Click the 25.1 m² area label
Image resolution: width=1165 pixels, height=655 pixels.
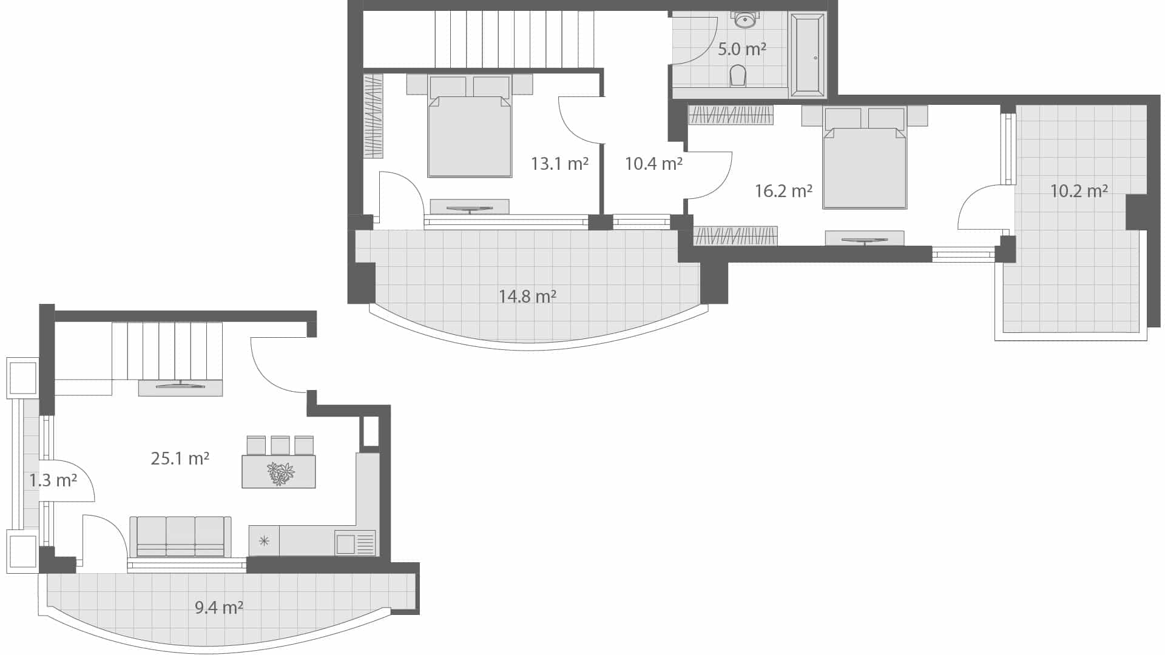click(x=180, y=458)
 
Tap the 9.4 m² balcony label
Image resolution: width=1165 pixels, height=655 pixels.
click(x=219, y=607)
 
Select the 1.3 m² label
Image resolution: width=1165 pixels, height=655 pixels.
click(x=53, y=481)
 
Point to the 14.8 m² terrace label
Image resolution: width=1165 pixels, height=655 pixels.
click(x=527, y=297)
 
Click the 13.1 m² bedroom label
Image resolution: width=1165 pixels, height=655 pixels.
click(x=559, y=164)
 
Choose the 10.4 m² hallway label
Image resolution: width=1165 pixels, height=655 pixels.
click(x=653, y=164)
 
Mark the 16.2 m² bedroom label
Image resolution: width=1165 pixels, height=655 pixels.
click(x=783, y=192)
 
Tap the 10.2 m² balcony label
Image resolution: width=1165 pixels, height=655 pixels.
click(x=1079, y=192)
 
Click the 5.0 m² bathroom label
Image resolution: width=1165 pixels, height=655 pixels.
click(x=741, y=49)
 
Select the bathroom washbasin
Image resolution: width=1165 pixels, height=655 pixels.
click(x=745, y=20)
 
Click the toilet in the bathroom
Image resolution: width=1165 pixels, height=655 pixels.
click(x=738, y=76)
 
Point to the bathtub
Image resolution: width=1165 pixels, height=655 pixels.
click(x=807, y=55)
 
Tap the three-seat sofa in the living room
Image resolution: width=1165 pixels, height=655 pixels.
click(x=181, y=537)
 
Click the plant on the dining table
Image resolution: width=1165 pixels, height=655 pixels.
click(x=280, y=473)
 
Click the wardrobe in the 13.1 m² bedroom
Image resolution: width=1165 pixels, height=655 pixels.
click(x=373, y=116)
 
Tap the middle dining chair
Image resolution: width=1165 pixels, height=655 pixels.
click(x=280, y=445)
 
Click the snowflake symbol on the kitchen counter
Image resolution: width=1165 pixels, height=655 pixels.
click(x=264, y=541)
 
